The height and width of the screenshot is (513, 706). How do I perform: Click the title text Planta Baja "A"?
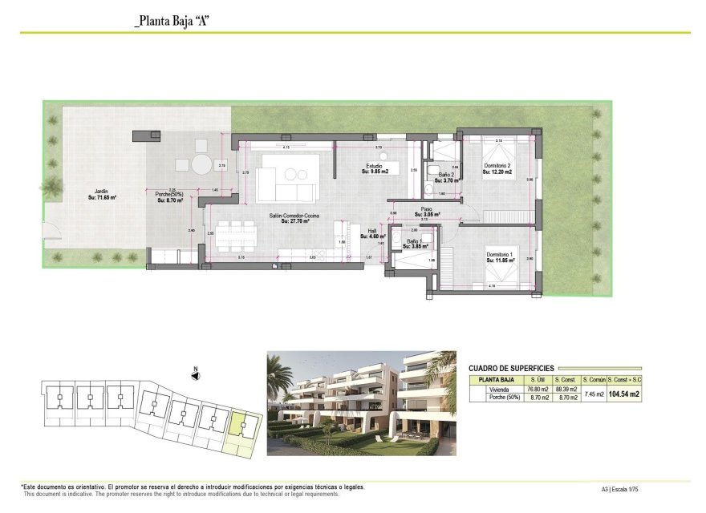pyautogui.click(x=172, y=22)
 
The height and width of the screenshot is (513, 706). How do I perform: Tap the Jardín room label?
pyautogui.click(x=101, y=191)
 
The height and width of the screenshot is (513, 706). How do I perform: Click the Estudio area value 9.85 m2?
pyautogui.click(x=375, y=171)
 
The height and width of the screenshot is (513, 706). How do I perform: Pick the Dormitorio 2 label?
pyautogui.click(x=497, y=166)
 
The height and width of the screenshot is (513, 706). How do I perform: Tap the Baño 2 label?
pyautogui.click(x=447, y=175)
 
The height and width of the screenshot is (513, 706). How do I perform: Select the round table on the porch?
pyautogui.click(x=201, y=164)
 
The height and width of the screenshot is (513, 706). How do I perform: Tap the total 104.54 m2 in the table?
pyautogui.click(x=624, y=394)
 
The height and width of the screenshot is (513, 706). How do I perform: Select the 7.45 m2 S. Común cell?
pyautogui.click(x=594, y=394)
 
